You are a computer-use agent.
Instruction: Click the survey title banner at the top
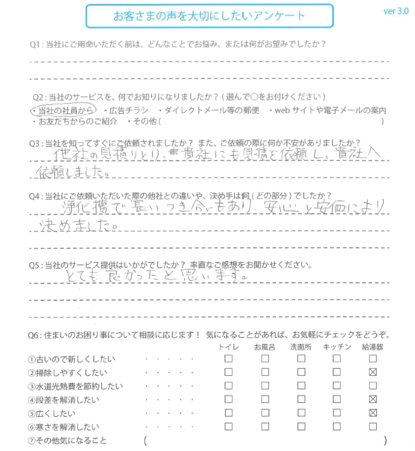pos(209,16)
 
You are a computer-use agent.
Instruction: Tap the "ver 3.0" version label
pos(396,11)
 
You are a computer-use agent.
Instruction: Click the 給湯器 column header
pos(373,347)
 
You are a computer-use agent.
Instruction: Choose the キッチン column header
pos(337,347)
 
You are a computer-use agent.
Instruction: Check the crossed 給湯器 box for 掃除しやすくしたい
pos(373,373)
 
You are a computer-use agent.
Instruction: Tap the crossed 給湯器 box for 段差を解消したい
pos(373,400)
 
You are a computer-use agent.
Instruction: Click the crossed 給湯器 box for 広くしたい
pos(373,413)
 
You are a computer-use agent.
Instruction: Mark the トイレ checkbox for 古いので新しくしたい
pos(229,359)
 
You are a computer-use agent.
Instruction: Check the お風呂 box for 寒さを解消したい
pos(265,427)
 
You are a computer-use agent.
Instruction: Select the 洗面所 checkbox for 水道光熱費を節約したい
pos(301,386)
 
